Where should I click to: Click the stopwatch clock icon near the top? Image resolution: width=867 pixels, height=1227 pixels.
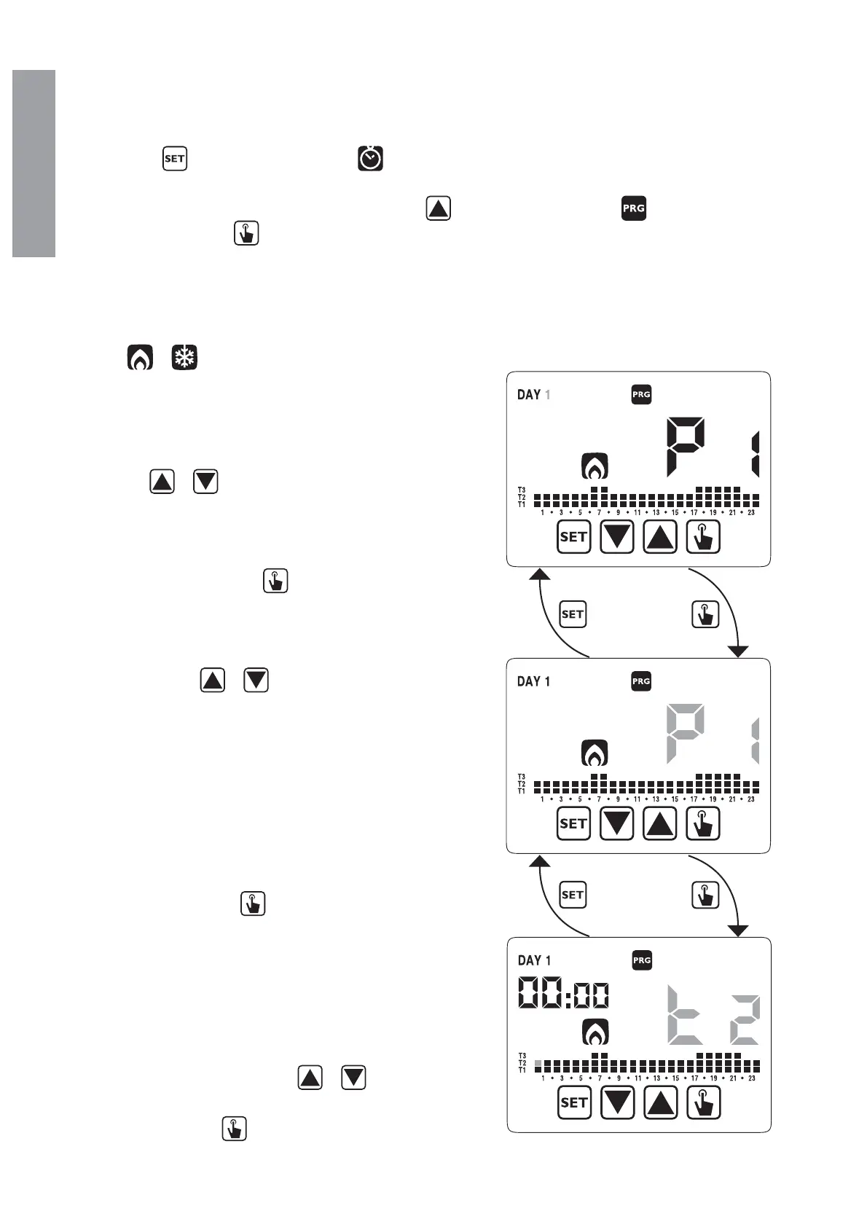pyautogui.click(x=370, y=158)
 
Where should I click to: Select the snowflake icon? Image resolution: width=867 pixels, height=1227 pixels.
pyautogui.click(x=185, y=358)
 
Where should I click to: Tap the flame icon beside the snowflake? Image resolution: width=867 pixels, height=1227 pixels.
pyautogui.click(x=140, y=358)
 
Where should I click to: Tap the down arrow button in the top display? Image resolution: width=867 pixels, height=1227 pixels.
pyautogui.click(x=616, y=538)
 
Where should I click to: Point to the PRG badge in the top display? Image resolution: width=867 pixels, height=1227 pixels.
pyautogui.click(x=641, y=394)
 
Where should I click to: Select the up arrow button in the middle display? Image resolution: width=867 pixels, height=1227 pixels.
pyautogui.click(x=660, y=824)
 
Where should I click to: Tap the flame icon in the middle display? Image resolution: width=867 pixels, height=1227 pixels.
pyautogui.click(x=595, y=753)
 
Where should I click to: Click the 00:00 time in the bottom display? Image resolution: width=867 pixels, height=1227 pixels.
pyautogui.click(x=563, y=993)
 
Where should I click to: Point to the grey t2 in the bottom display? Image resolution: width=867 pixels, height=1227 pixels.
pyautogui.click(x=713, y=1015)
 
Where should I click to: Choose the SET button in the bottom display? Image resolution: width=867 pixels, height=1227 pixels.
pyautogui.click(x=574, y=1102)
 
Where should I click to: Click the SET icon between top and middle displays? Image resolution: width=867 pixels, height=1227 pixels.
pyautogui.click(x=573, y=614)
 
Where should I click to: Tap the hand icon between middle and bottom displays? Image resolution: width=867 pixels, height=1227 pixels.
pyautogui.click(x=705, y=895)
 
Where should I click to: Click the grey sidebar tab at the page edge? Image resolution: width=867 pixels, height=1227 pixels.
pyautogui.click(x=34, y=163)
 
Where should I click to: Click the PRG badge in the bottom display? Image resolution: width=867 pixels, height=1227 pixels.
pyautogui.click(x=642, y=960)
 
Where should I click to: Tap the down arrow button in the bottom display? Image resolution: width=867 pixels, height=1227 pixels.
pyautogui.click(x=617, y=1102)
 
